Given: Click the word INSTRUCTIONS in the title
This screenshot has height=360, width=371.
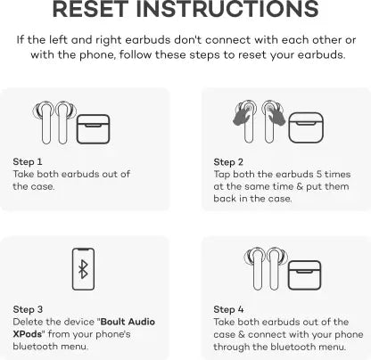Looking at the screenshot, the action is tap(227, 9).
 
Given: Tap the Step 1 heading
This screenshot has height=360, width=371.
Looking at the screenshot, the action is tap(28, 162).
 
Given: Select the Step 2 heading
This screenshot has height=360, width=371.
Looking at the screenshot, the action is tap(228, 162).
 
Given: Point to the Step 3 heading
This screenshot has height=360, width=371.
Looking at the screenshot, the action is tap(28, 309).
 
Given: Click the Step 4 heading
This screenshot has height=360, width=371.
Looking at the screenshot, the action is tap(228, 309).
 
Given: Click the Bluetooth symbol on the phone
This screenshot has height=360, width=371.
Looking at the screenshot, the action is tap(83, 269).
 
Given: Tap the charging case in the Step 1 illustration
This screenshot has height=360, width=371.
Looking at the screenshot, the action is tap(94, 129).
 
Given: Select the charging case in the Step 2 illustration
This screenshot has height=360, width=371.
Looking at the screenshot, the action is tap(306, 127).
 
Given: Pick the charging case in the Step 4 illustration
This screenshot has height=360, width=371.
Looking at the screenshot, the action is tap(305, 275).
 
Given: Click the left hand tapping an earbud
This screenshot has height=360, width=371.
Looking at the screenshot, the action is tap(243, 114).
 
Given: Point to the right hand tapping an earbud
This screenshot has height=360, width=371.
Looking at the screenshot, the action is tap(276, 114).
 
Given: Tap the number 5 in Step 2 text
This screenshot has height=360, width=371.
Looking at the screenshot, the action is tap(319, 174).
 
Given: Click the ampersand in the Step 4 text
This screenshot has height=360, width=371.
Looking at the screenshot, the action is tap(242, 334).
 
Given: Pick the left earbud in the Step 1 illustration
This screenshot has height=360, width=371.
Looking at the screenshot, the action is tap(45, 122).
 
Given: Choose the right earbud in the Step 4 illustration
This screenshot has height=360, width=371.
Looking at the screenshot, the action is tap(276, 269).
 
